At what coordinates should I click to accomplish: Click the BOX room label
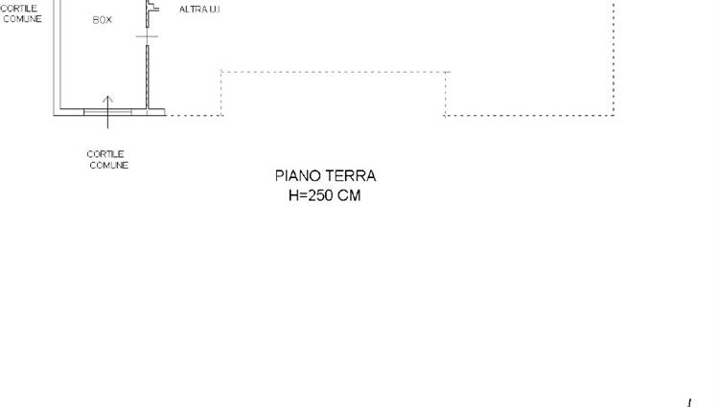coord(102,20)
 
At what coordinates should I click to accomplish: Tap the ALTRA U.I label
coord(199,10)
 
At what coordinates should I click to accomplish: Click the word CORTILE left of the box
coord(19,9)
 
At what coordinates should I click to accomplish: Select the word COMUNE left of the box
coord(22,19)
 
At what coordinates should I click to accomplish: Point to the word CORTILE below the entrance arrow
coord(105,154)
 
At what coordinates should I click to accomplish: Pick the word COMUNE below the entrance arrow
coord(109,165)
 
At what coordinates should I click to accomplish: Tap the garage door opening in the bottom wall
coord(107,112)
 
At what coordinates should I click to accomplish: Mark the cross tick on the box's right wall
coord(148,36)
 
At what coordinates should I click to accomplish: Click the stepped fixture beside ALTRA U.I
coord(152,7)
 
